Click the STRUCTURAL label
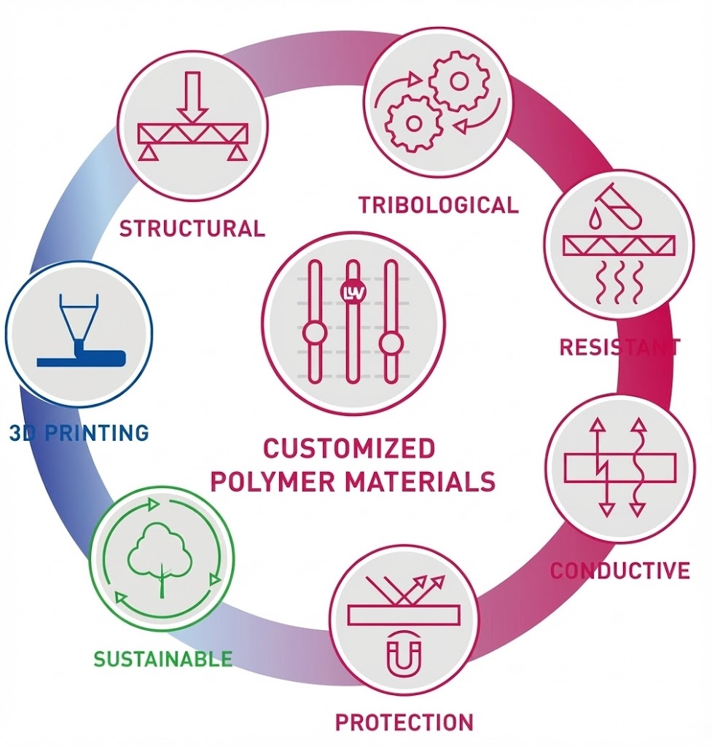pyautogui.click(x=192, y=228)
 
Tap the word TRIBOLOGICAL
pyautogui.click(x=439, y=205)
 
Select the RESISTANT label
pyautogui.click(x=619, y=347)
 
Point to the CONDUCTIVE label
pyautogui.click(x=619, y=570)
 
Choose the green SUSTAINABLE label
pyautogui.click(x=163, y=659)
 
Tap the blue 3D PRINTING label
pyautogui.click(x=79, y=433)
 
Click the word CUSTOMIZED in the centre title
pyautogui.click(x=349, y=447)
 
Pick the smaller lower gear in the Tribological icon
pyautogui.click(x=413, y=123)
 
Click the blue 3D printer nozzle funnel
pyautogui.click(x=78, y=318)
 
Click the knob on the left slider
pyautogui.click(x=314, y=333)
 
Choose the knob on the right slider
pyautogui.click(x=391, y=343)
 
